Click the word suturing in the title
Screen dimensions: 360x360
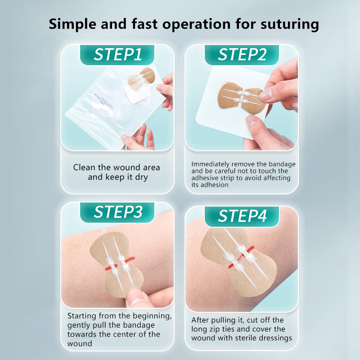(x=289, y=24)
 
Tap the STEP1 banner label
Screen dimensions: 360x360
(x=117, y=54)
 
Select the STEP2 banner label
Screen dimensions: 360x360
(x=242, y=54)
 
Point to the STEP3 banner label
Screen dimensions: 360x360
(x=118, y=212)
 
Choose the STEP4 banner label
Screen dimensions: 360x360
(x=242, y=216)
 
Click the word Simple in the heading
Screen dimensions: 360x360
(x=72, y=24)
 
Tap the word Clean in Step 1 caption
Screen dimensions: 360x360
(x=84, y=167)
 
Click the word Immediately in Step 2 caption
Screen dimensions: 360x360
(x=211, y=164)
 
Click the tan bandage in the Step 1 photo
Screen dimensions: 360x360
(x=141, y=79)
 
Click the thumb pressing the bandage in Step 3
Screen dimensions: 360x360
(x=137, y=297)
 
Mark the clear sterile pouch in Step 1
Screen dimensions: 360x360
(x=108, y=106)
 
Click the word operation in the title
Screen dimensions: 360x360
(x=197, y=24)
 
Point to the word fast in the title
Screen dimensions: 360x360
(x=144, y=24)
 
